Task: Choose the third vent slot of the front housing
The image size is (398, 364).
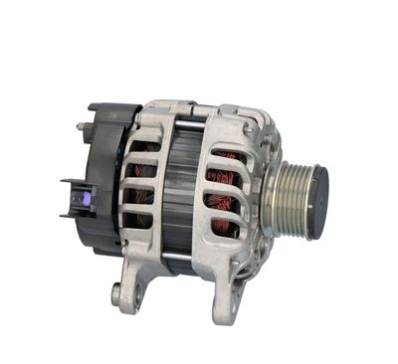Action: pyautogui.click(x=224, y=206)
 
